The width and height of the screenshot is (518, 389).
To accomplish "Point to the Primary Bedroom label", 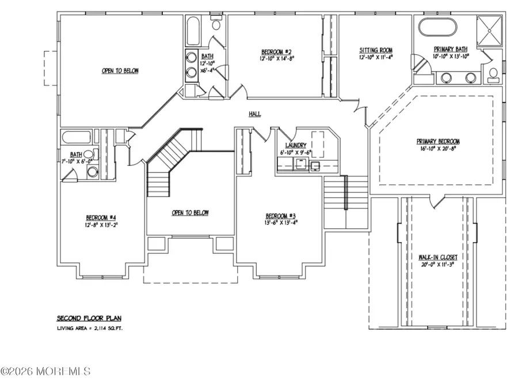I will (439, 141).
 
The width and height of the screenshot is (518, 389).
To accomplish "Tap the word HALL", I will (255, 114).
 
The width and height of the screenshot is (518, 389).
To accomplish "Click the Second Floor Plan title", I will (89, 318).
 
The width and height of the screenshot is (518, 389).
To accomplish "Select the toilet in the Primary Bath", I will (494, 74).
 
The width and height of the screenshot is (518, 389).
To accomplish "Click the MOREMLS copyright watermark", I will (46, 372).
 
